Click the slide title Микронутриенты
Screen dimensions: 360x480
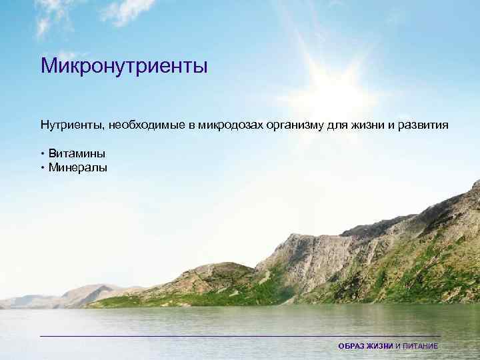(x=124, y=67)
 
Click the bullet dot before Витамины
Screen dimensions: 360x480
(x=42, y=154)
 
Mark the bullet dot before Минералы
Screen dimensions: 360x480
(x=42, y=167)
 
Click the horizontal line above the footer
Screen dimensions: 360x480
(x=240, y=336)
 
